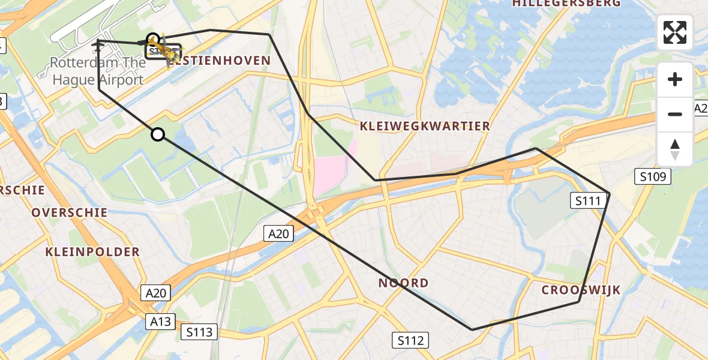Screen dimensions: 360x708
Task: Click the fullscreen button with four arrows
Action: (675, 32)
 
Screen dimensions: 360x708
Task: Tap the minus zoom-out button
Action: (675, 114)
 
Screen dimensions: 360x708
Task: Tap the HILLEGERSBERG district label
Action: (566, 4)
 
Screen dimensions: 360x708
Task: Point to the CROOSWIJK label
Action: (581, 290)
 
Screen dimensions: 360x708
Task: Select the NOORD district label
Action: (403, 283)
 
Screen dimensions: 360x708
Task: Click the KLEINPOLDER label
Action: (92, 252)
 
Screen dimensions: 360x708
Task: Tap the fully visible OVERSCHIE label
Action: (70, 212)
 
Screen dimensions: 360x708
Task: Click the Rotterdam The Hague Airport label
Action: (98, 71)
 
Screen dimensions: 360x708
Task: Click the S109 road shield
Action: (652, 176)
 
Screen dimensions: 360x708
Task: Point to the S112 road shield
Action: (410, 341)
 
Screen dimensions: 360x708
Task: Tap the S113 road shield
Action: (199, 332)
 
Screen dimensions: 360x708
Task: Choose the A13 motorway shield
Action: (161, 322)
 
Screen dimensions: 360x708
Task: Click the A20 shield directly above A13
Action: (156, 293)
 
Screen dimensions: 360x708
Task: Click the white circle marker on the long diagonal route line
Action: (158, 134)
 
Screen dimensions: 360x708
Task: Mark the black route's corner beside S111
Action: (609, 193)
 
